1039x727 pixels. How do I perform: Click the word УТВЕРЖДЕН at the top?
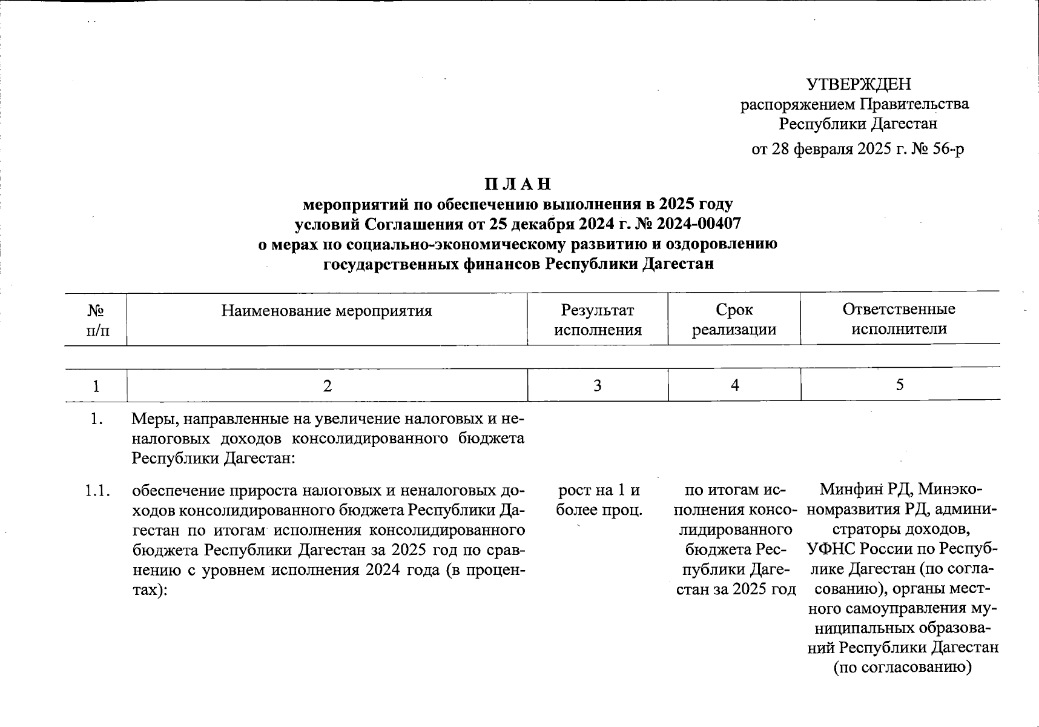(x=858, y=84)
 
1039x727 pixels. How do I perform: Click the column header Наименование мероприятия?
(x=326, y=311)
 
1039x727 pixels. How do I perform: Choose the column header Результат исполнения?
(x=598, y=320)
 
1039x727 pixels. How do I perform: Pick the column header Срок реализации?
(x=734, y=320)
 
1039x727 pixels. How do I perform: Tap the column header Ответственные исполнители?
(x=899, y=319)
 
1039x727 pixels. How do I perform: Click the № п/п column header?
(x=96, y=320)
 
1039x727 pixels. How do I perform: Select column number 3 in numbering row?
(x=598, y=385)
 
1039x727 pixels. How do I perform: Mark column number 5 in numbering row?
(x=900, y=385)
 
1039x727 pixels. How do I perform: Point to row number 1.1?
(x=97, y=490)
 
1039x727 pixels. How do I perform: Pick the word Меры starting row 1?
(x=152, y=419)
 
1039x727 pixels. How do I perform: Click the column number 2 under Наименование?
(x=327, y=385)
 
